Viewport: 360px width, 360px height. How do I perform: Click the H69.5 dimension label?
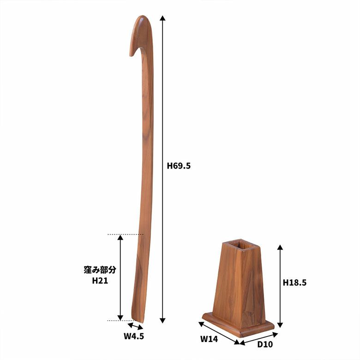(179, 166)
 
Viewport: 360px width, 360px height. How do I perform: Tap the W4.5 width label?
(134, 336)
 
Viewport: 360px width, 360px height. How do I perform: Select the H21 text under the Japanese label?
(100, 281)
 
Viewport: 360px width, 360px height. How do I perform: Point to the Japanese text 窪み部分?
(100, 270)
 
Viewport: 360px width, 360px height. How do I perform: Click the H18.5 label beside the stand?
(294, 282)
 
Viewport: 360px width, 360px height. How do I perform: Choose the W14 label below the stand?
(209, 339)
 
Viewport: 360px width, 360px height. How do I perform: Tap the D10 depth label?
(265, 344)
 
